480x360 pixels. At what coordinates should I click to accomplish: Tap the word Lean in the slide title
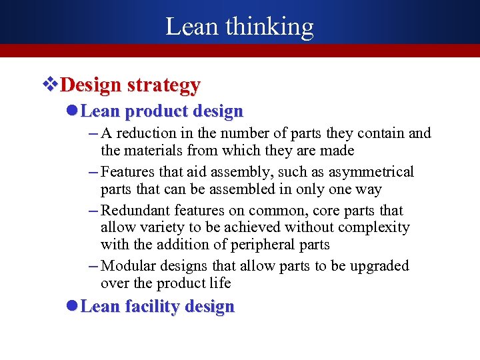[191, 27]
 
